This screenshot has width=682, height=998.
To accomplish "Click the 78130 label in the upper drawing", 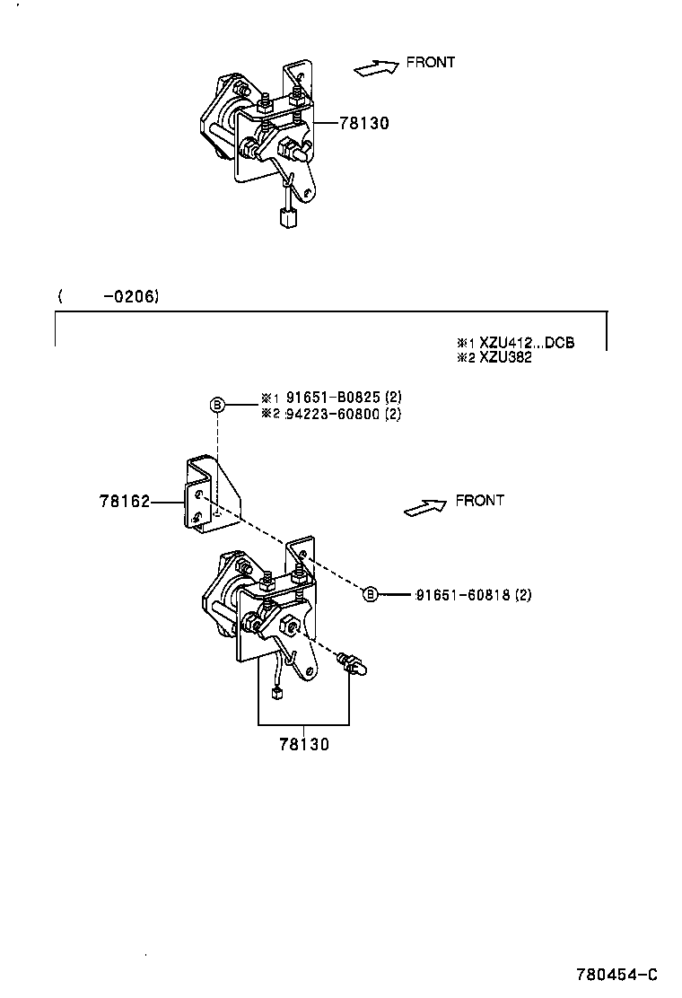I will [364, 124].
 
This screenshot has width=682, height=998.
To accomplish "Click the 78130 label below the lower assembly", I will [303, 744].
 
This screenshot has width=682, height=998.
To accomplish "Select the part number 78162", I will [124, 503].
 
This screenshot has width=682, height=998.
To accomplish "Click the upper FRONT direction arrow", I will [376, 68].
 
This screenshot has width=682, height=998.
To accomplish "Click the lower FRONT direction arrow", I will [425, 507].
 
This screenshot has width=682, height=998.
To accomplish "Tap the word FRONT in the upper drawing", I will [431, 62].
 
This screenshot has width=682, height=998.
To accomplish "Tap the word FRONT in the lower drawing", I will [480, 500].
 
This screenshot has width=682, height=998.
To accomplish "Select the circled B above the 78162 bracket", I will [216, 405].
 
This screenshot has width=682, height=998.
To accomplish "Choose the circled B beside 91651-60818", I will [370, 594].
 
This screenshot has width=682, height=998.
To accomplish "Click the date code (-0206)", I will [109, 295].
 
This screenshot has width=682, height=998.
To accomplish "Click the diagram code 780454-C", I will [617, 975].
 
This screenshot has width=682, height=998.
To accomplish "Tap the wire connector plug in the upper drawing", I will [288, 217].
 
